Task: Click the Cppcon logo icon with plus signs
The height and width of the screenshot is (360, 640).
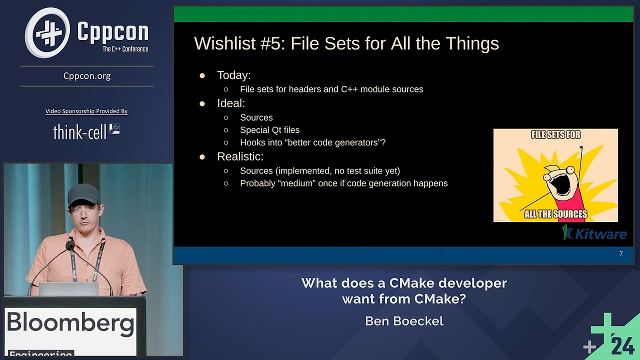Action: [x=48, y=33]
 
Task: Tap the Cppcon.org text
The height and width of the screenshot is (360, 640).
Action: [x=87, y=76]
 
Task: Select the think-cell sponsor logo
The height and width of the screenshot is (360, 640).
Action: [x=86, y=131]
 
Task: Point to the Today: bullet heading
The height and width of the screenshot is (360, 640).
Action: [x=233, y=75]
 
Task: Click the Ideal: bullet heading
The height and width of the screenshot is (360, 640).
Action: [x=230, y=103]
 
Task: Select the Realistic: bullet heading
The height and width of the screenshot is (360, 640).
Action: [x=240, y=156]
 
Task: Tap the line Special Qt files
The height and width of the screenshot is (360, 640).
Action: [x=269, y=130]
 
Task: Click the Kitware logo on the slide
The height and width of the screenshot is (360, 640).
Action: [x=594, y=233]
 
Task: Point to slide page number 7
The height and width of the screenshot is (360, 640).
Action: [x=621, y=254]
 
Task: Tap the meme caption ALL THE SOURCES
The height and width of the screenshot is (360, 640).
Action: [x=555, y=214]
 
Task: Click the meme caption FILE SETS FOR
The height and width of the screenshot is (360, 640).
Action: [x=555, y=135]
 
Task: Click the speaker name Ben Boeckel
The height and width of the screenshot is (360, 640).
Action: [x=404, y=321]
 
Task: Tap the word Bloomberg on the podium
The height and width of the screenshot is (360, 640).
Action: [x=70, y=323]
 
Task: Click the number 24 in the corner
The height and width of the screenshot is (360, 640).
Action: [x=622, y=345]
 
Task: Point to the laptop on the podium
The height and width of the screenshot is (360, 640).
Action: [x=68, y=289]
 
